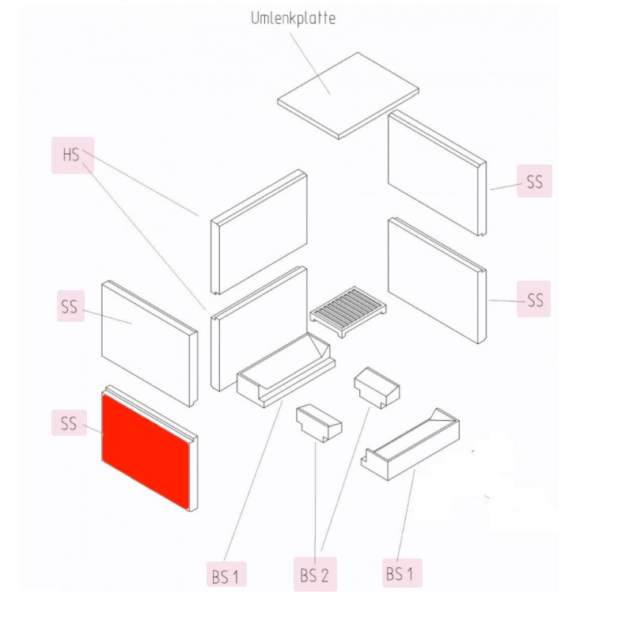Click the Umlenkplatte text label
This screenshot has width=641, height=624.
[x=293, y=18]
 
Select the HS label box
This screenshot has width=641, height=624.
[x=72, y=155]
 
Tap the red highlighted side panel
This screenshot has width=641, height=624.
[x=146, y=452]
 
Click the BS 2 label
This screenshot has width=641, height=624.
[x=315, y=574]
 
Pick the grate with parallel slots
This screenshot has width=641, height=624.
[x=348, y=311]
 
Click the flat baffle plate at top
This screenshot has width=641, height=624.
[x=348, y=96]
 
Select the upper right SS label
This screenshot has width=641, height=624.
[x=534, y=181]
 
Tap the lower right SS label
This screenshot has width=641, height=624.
[x=534, y=299]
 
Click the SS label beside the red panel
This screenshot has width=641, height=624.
[x=69, y=423]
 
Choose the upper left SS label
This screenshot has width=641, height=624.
[x=70, y=306]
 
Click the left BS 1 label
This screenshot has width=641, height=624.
[x=226, y=574]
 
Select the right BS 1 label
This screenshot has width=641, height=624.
[x=402, y=573]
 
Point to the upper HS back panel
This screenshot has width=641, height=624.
[x=259, y=232]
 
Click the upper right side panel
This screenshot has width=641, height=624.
[x=437, y=173]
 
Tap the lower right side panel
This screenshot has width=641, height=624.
[x=437, y=281]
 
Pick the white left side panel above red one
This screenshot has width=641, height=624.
[x=150, y=344]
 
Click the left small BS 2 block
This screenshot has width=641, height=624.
[x=319, y=423]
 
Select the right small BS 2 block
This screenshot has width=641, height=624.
[x=377, y=388]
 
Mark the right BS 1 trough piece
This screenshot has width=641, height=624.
[x=411, y=444]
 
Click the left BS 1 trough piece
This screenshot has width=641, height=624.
[x=286, y=370]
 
